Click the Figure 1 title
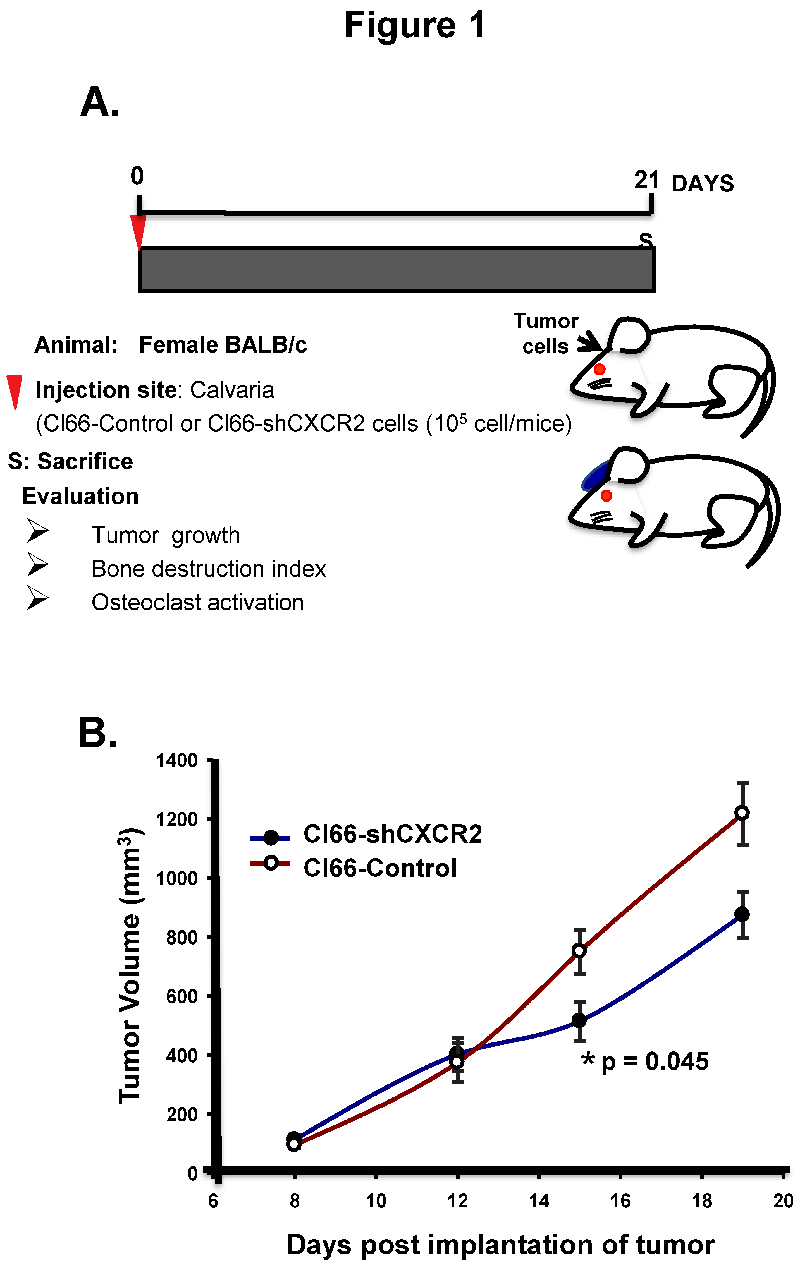(x=414, y=25)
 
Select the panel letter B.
(x=97, y=733)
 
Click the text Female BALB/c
(x=223, y=345)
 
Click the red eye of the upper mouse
(x=599, y=369)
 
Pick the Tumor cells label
(x=546, y=334)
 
